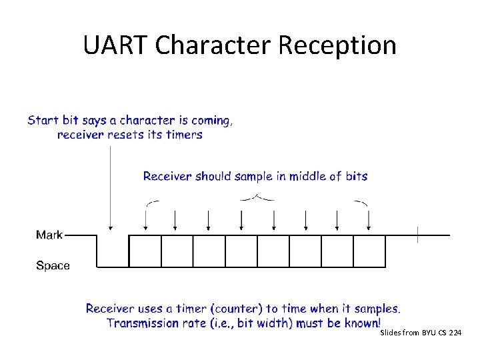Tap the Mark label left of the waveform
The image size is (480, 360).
(x=49, y=235)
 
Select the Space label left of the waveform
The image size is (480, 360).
(x=53, y=266)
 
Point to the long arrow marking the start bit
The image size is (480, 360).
(x=110, y=187)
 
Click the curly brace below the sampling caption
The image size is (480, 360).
(x=257, y=197)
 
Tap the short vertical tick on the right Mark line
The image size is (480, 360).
(x=418, y=235)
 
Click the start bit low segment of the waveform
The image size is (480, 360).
(x=113, y=267)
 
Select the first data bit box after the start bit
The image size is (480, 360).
(x=145, y=251)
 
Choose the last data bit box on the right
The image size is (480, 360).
(x=369, y=251)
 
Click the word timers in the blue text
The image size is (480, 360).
(x=185, y=135)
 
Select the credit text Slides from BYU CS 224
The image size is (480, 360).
(x=420, y=332)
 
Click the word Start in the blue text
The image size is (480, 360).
(x=43, y=121)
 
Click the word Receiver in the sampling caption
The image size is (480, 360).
(x=167, y=177)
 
